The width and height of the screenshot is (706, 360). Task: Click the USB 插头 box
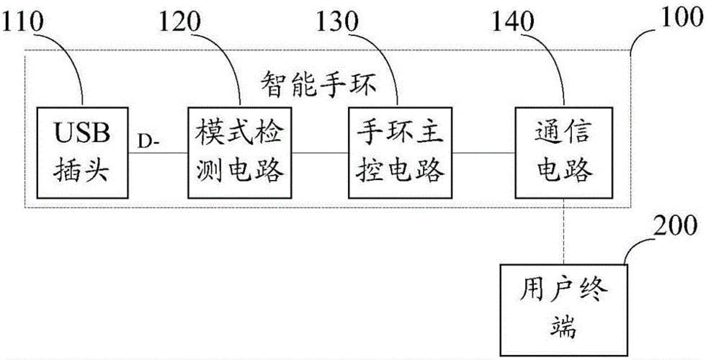click(83, 152)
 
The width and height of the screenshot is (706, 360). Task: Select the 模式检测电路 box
click(240, 152)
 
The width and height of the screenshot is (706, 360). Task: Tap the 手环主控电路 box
click(401, 152)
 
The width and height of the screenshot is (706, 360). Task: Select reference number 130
click(337, 22)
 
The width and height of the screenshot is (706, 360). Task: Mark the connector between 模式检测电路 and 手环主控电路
click(320, 153)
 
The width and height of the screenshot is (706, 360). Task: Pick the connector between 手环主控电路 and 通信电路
click(483, 153)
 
